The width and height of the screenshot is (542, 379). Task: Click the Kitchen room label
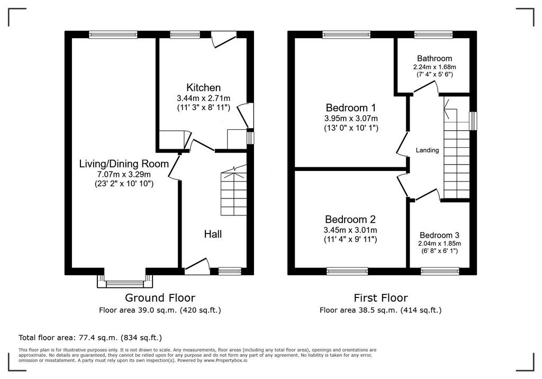[x=203, y=87]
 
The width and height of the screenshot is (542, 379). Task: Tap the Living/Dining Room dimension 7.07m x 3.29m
[x=124, y=174]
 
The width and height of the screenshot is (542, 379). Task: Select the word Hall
[x=213, y=234]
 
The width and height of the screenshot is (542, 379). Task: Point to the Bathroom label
[x=435, y=58]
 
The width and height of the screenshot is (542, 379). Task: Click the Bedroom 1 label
[x=351, y=107]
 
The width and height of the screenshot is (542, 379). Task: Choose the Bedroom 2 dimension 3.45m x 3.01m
[x=350, y=230]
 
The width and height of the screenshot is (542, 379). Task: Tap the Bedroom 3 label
[x=439, y=235]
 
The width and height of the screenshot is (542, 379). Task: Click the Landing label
[x=427, y=150]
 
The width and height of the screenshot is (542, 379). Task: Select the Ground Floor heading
[x=160, y=297]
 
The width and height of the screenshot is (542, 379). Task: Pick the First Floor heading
[x=381, y=297]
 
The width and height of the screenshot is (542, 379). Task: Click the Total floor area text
[x=90, y=338]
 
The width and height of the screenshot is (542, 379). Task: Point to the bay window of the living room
[x=125, y=281]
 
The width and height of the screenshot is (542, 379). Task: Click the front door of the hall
[x=197, y=267]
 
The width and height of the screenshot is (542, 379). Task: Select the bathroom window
[x=433, y=34]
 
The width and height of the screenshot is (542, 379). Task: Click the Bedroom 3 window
[x=440, y=272]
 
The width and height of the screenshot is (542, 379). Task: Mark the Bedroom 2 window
[x=347, y=272]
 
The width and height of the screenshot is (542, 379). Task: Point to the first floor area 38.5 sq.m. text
[x=381, y=310]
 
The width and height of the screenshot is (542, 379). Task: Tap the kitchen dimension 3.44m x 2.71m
[x=203, y=98]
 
